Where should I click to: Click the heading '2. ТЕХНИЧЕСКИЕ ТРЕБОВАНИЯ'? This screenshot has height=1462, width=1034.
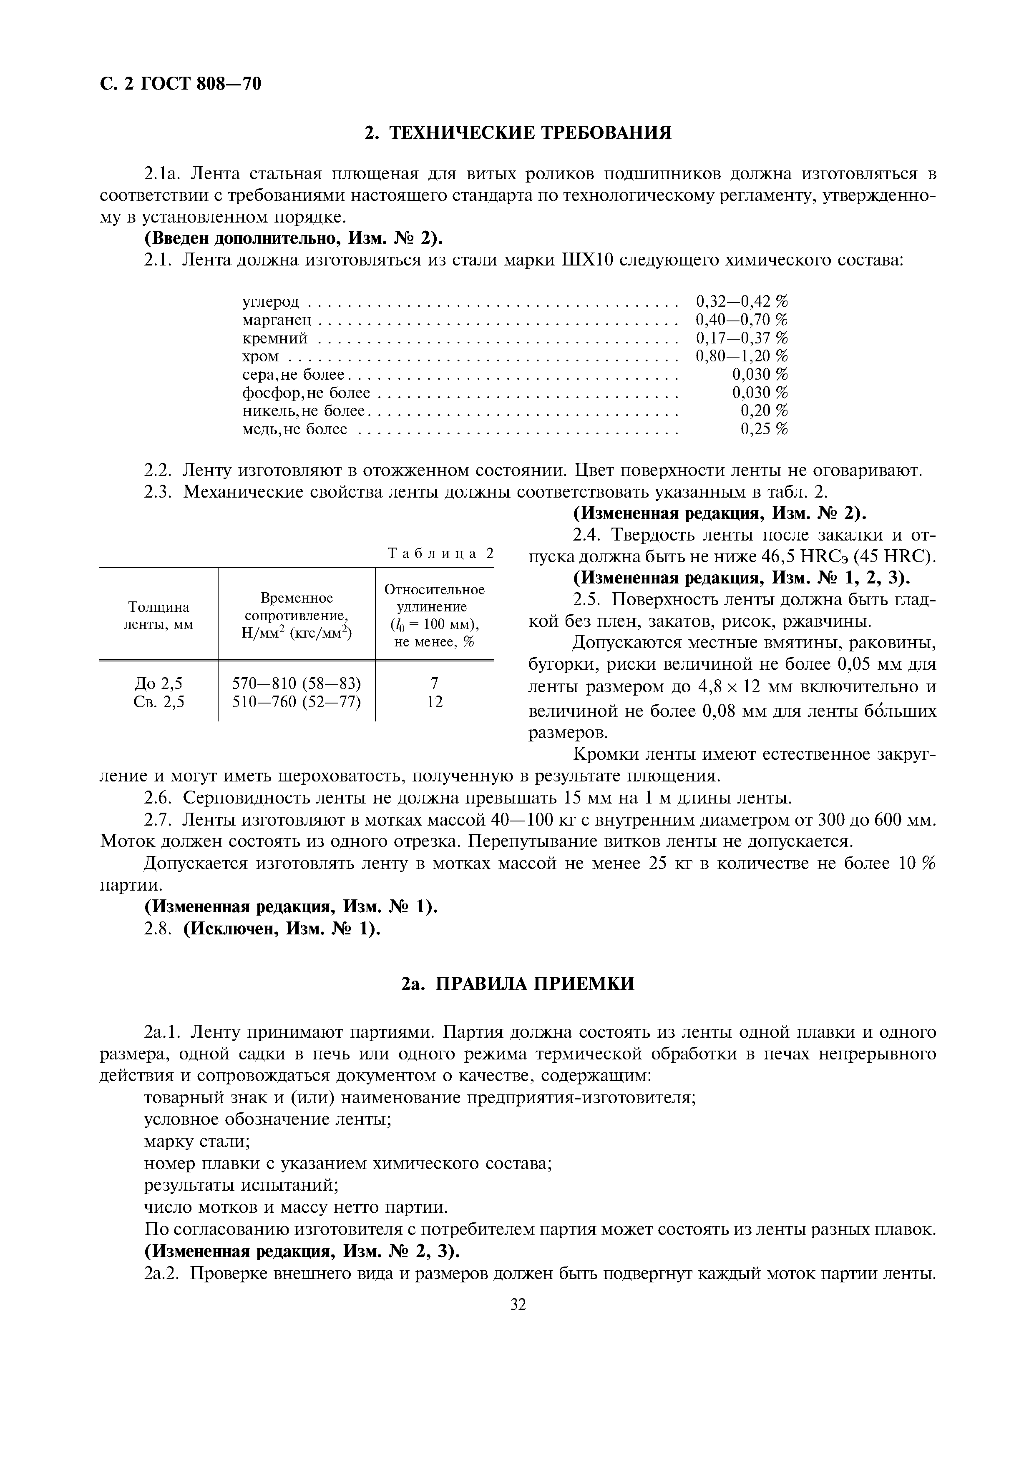click(517, 133)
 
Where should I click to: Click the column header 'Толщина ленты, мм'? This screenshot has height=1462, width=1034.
click(158, 615)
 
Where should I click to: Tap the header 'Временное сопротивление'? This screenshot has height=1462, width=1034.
click(297, 607)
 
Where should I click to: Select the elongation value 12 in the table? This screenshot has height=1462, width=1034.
click(435, 702)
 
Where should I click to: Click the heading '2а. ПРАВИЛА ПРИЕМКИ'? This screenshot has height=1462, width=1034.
click(517, 984)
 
